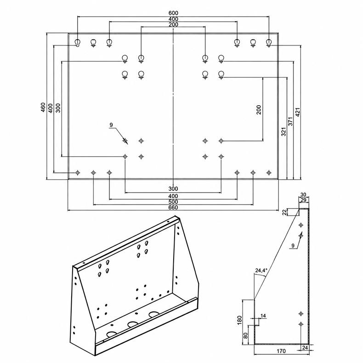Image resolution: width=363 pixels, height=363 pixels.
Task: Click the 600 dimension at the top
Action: tap(173, 13)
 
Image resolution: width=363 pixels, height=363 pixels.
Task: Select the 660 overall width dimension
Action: tap(173, 207)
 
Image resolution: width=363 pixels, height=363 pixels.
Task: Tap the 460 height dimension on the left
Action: tap(43, 108)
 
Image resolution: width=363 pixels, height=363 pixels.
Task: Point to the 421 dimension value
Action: tap(298, 112)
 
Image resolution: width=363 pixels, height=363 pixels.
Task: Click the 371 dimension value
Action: tap(290, 121)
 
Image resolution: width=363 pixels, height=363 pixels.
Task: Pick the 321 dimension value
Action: tap(284, 131)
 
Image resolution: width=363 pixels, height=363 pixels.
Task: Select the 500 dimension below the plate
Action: tap(173, 202)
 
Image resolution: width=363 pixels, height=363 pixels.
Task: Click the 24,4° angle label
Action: tap(261, 270)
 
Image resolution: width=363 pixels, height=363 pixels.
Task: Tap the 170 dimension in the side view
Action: tap(281, 351)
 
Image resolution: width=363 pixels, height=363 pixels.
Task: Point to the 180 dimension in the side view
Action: tap(239, 320)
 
